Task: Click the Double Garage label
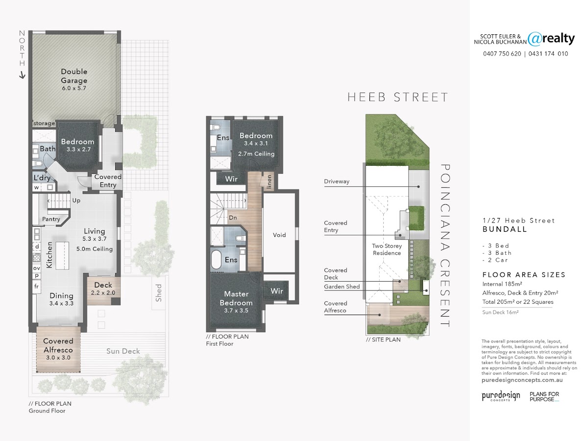(74, 76)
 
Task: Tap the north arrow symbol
(22, 75)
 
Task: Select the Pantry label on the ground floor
(51, 219)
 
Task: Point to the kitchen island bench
(62, 255)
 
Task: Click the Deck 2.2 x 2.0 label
(103, 289)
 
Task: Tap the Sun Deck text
(123, 351)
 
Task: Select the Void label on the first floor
(279, 235)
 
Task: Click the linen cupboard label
(269, 181)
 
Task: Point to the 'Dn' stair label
(233, 218)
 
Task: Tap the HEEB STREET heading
(397, 97)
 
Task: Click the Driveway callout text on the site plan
(337, 181)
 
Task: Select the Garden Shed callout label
(342, 287)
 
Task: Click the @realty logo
(551, 39)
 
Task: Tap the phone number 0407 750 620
(502, 54)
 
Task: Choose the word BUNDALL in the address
(505, 229)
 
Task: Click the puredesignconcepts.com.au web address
(522, 380)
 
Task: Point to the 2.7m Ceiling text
(256, 154)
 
